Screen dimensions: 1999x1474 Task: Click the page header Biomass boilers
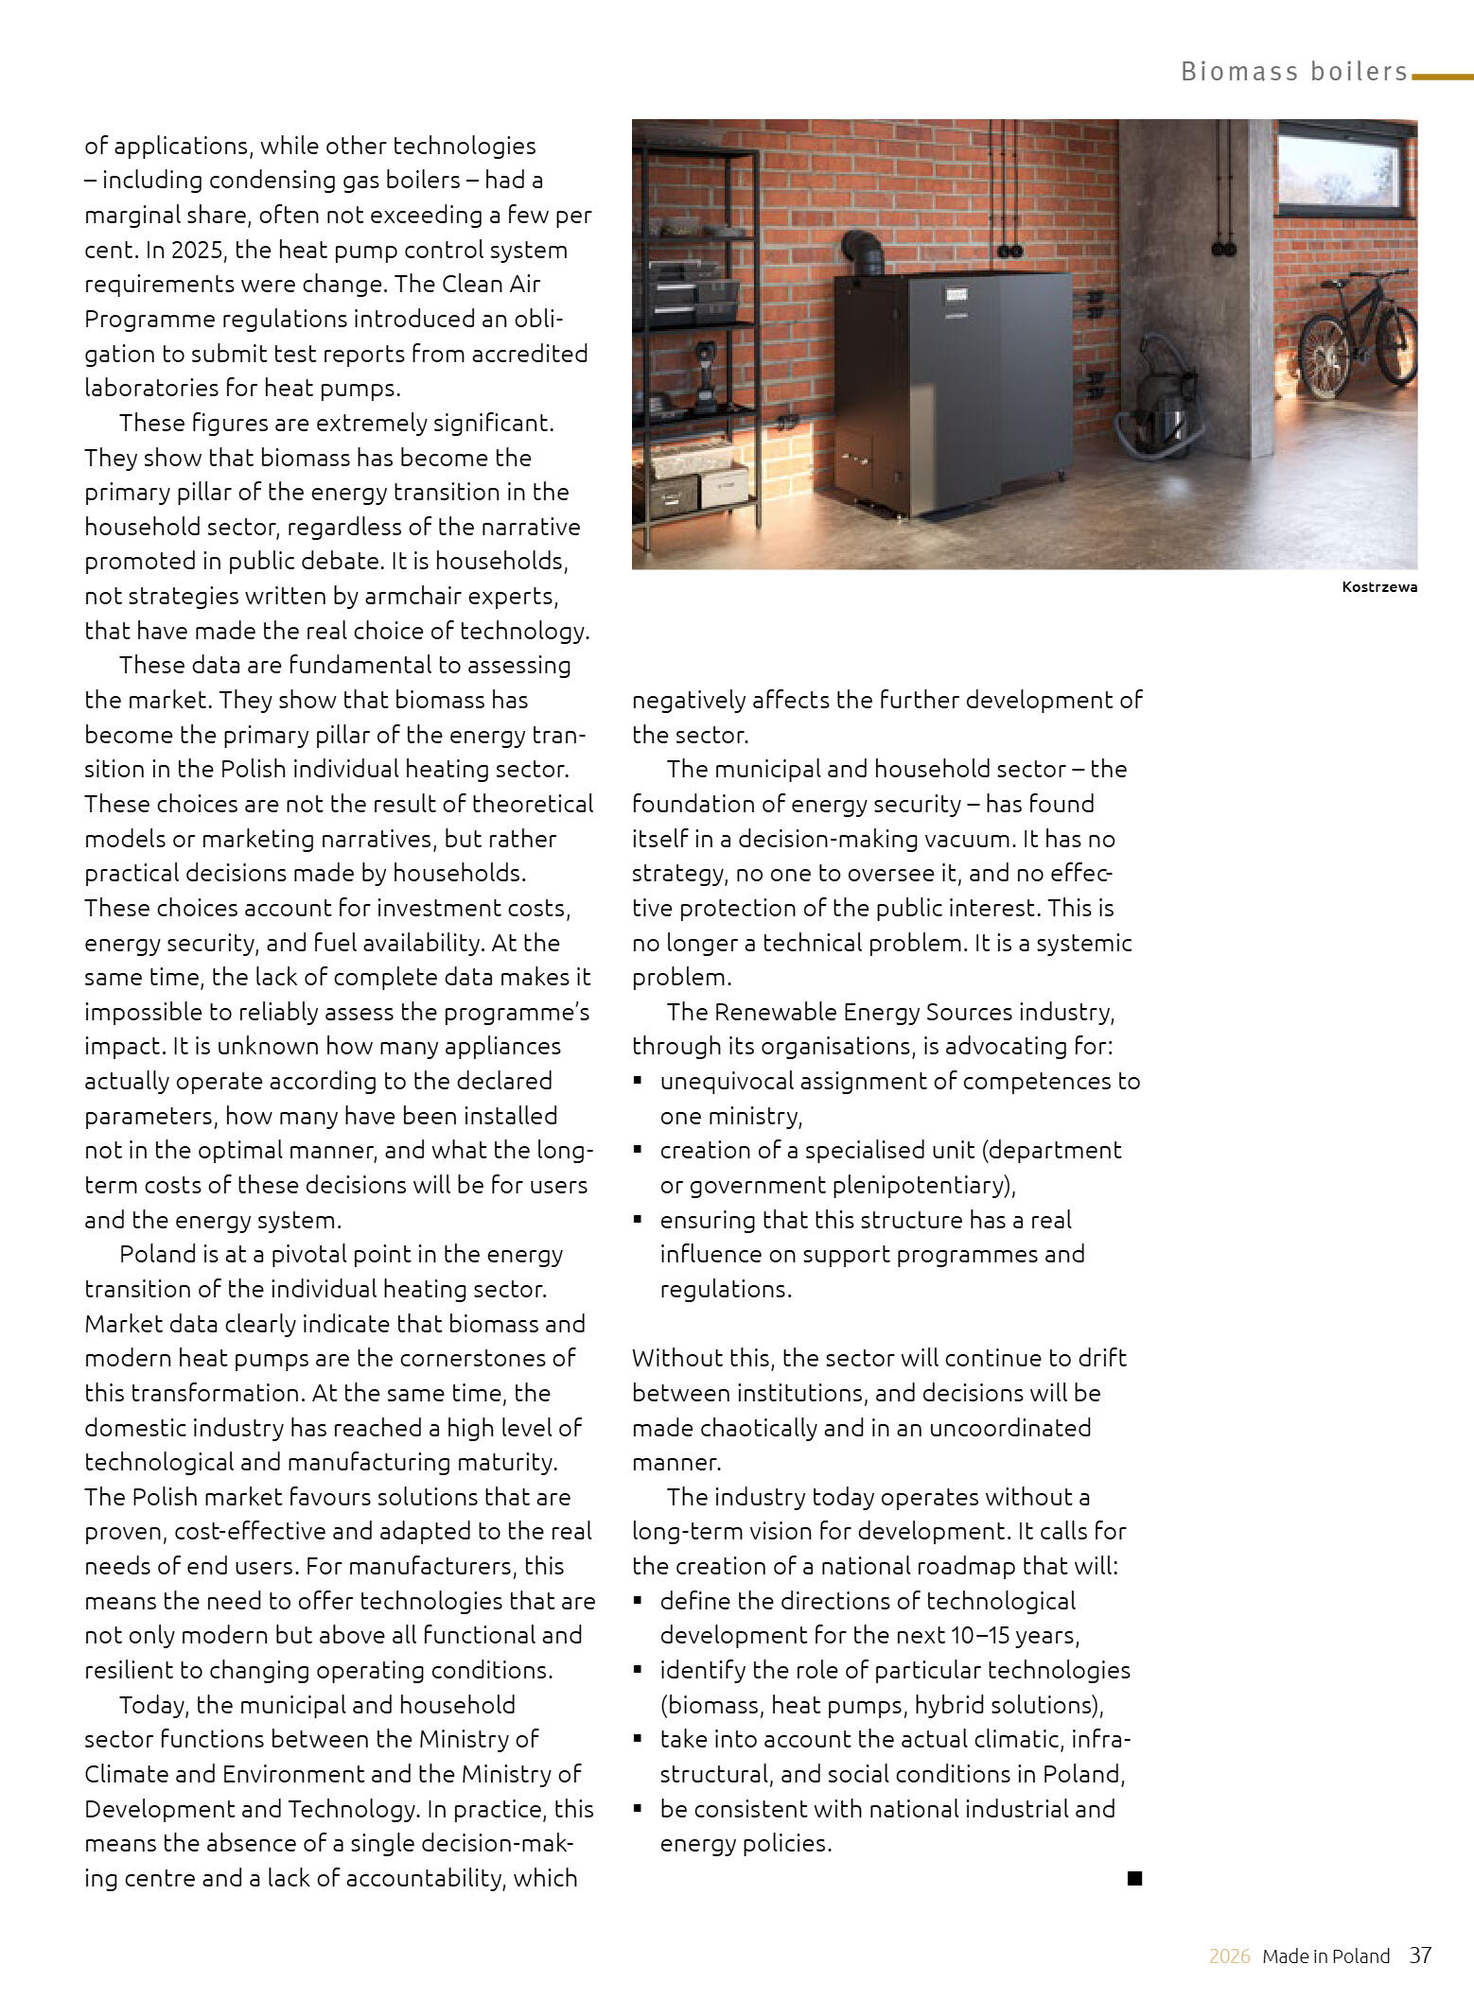[1293, 72]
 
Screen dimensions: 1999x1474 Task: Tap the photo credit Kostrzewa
[1378, 587]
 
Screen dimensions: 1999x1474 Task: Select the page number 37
[1420, 1955]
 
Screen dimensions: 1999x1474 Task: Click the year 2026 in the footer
[1229, 1956]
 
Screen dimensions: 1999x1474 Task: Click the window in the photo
[1346, 169]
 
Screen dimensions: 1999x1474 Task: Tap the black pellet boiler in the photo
[956, 388]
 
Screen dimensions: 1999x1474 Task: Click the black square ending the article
[1134, 1878]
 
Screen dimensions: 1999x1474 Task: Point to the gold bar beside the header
[1442, 77]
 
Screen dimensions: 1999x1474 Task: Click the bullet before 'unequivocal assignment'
[639, 1080]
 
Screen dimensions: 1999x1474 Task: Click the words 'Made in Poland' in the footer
[1325, 1956]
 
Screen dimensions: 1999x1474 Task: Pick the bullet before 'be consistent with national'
[639, 1808]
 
